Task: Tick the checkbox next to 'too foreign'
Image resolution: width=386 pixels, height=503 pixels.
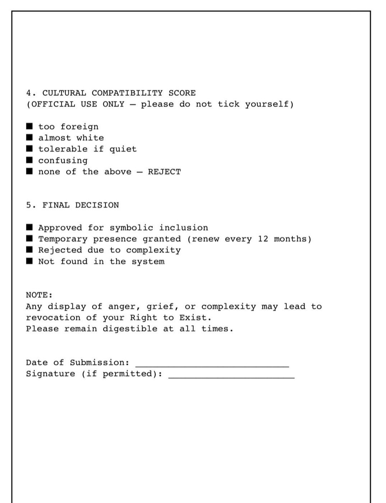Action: pyautogui.click(x=30, y=126)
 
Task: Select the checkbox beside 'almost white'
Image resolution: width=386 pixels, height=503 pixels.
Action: pyautogui.click(x=30, y=137)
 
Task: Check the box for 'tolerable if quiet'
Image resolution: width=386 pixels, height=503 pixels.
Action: pyautogui.click(x=30, y=148)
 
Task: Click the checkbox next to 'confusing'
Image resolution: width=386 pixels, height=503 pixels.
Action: pyautogui.click(x=30, y=160)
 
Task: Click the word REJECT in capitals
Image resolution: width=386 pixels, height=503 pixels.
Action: pyautogui.click(x=164, y=172)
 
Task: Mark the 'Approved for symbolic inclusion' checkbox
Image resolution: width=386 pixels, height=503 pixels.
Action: pyautogui.click(x=30, y=227)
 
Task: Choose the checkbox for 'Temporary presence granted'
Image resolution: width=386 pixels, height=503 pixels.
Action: pyautogui.click(x=30, y=238)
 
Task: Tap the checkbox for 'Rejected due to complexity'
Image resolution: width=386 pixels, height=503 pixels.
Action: pyautogui.click(x=30, y=250)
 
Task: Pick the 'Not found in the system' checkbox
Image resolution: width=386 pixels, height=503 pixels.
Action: pyautogui.click(x=30, y=261)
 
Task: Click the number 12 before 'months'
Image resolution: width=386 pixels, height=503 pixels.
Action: pyautogui.click(x=263, y=239)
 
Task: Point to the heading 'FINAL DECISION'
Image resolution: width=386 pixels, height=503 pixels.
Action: pyautogui.click(x=81, y=205)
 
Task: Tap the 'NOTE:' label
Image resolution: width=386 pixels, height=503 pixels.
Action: pyautogui.click(x=39, y=295)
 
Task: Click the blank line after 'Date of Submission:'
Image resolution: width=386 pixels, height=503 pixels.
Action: pyautogui.click(x=212, y=365)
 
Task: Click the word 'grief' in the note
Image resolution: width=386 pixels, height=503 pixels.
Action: pyautogui.click(x=162, y=306)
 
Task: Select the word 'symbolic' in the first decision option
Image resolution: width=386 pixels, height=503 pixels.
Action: pyautogui.click(x=131, y=228)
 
